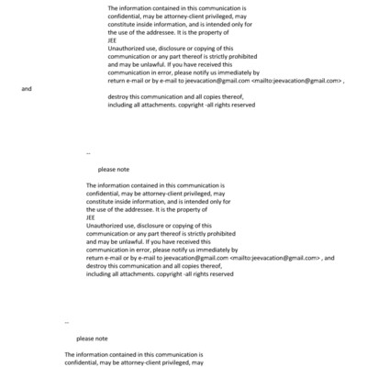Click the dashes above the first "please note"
click(88, 151)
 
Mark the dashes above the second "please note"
click(67, 322)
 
